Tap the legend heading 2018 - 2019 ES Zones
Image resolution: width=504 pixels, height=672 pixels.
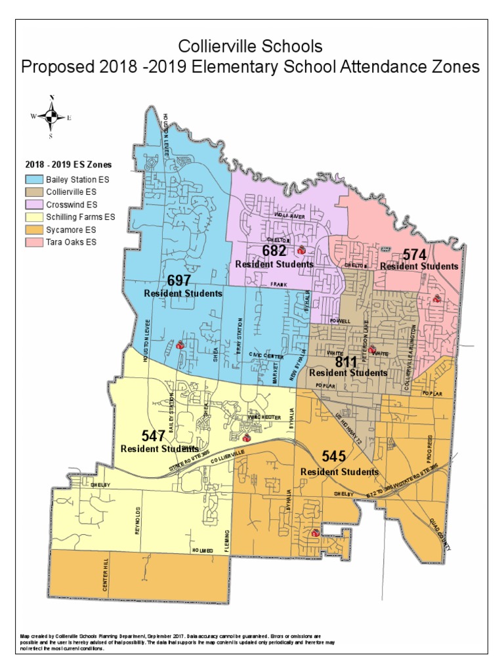coord(68,164)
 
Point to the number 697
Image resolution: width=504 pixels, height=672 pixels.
coord(178,281)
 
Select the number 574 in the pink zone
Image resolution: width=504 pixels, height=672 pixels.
coord(415,255)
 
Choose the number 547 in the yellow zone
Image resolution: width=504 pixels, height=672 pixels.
coord(154,436)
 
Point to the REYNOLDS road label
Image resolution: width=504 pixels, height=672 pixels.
coord(137,520)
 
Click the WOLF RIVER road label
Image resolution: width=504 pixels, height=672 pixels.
coord(289,215)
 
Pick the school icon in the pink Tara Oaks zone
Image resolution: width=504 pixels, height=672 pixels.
coord(436,299)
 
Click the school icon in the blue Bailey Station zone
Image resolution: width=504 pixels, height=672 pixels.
coord(179,345)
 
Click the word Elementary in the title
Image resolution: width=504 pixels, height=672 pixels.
coord(272,67)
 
